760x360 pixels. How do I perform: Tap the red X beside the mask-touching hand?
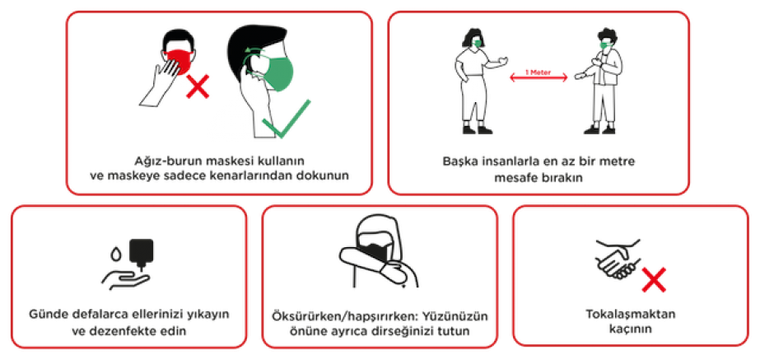(x=198, y=86)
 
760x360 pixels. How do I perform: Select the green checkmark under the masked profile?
(x=286, y=119)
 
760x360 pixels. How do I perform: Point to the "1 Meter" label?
(x=538, y=72)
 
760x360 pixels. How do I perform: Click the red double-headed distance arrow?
(x=538, y=78)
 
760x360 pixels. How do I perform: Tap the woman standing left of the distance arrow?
(x=478, y=81)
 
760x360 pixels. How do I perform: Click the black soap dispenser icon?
(x=141, y=253)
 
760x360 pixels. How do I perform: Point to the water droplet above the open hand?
(x=115, y=254)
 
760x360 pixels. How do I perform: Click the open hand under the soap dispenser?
(x=125, y=281)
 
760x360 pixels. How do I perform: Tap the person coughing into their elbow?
(x=378, y=252)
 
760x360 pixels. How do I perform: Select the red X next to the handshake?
(x=655, y=280)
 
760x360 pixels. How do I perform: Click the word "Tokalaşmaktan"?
(x=631, y=315)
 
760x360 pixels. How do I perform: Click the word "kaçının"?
(x=630, y=330)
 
